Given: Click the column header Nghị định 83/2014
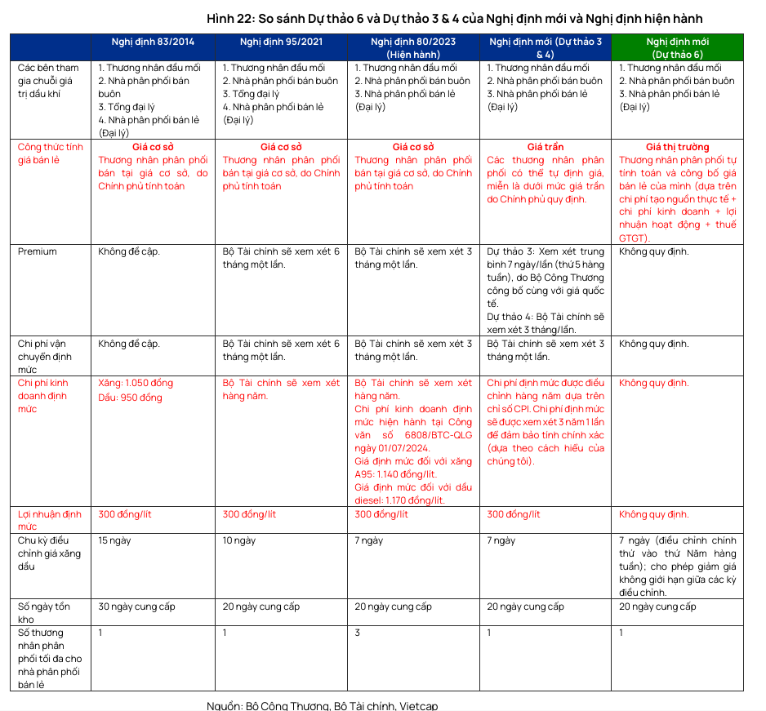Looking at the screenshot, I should point(154,42).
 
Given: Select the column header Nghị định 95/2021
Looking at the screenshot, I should point(281,42).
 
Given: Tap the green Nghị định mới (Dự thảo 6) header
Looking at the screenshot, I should point(677,47).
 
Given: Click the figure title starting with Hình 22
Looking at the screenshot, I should point(454,18).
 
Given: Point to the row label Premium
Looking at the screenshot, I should point(38,251).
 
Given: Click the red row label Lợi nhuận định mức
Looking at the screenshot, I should point(50,520).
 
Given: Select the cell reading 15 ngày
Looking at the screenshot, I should point(115,540).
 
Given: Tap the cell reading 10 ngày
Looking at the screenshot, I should point(239,540).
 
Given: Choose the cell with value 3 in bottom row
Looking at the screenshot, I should point(358,633).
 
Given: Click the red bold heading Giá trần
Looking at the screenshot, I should point(545,147).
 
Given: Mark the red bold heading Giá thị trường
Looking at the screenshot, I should point(677,147).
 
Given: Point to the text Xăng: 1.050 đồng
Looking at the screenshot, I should point(135,384).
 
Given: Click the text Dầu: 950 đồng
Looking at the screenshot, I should point(130,398).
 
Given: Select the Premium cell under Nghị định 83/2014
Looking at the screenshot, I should point(129,251).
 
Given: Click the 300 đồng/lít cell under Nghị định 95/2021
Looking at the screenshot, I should point(250,514).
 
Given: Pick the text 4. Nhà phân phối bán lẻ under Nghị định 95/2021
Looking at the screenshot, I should point(281,107).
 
